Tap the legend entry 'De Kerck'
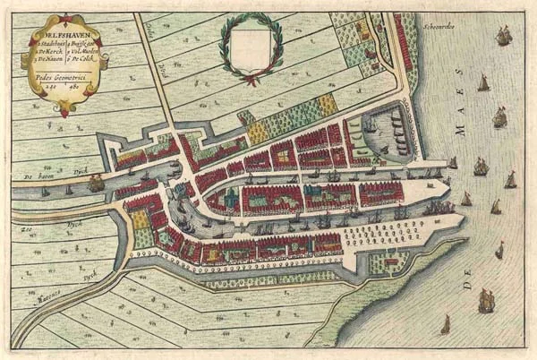point(46,55)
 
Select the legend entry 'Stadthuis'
point(45,47)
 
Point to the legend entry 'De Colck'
point(81,62)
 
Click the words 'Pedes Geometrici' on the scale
point(56,77)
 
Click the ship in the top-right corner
point(503,36)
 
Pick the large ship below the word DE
point(486,300)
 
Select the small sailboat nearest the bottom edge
point(445,324)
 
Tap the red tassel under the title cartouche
point(64,111)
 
